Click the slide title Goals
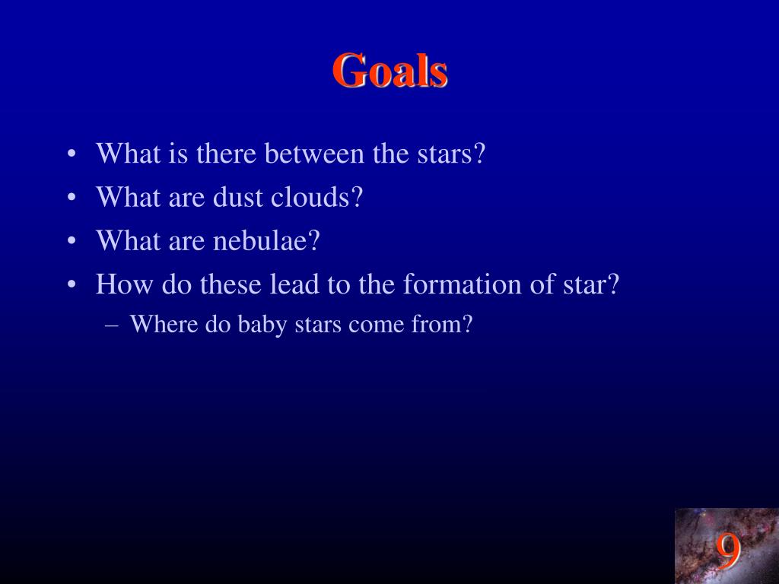tap(390, 71)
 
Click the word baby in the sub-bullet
tap(262, 325)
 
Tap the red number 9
tap(728, 551)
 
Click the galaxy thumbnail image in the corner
tap(727, 546)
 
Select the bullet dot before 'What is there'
tap(72, 154)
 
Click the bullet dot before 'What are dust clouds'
tap(72, 198)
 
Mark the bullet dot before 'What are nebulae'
tap(72, 241)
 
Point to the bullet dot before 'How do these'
tap(72, 285)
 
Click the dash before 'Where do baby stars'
tap(113, 325)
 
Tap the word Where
tap(164, 324)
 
